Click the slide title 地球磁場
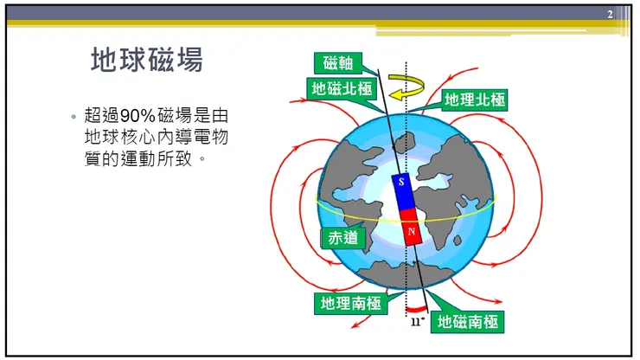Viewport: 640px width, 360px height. click(x=147, y=60)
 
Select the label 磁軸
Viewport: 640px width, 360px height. click(x=337, y=63)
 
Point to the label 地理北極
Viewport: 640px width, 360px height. click(x=474, y=100)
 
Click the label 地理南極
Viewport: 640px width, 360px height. click(x=348, y=303)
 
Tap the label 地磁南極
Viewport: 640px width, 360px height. click(x=466, y=322)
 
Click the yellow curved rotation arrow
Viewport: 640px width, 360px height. click(x=406, y=87)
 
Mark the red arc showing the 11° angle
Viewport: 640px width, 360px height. click(x=417, y=308)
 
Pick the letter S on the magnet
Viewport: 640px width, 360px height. click(x=402, y=183)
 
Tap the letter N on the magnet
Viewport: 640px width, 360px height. click(x=413, y=232)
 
